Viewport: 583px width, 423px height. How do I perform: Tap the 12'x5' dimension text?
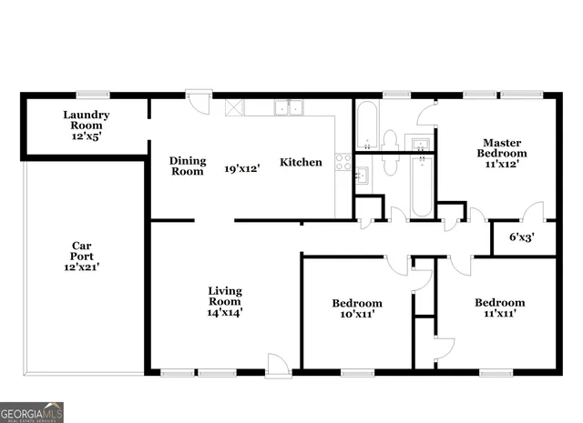click(87, 136)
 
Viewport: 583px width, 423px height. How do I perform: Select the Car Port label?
click(81, 250)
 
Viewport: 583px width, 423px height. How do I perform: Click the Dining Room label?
click(188, 166)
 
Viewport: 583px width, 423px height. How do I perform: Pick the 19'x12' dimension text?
click(243, 168)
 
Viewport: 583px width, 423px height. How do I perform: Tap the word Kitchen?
click(301, 163)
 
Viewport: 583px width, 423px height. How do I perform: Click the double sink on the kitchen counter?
click(290, 107)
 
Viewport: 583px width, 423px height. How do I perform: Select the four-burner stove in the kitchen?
click(343, 162)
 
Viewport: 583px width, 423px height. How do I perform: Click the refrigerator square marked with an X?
click(234, 106)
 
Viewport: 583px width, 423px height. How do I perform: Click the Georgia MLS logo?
click(32, 411)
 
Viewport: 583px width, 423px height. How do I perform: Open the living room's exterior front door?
click(277, 364)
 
